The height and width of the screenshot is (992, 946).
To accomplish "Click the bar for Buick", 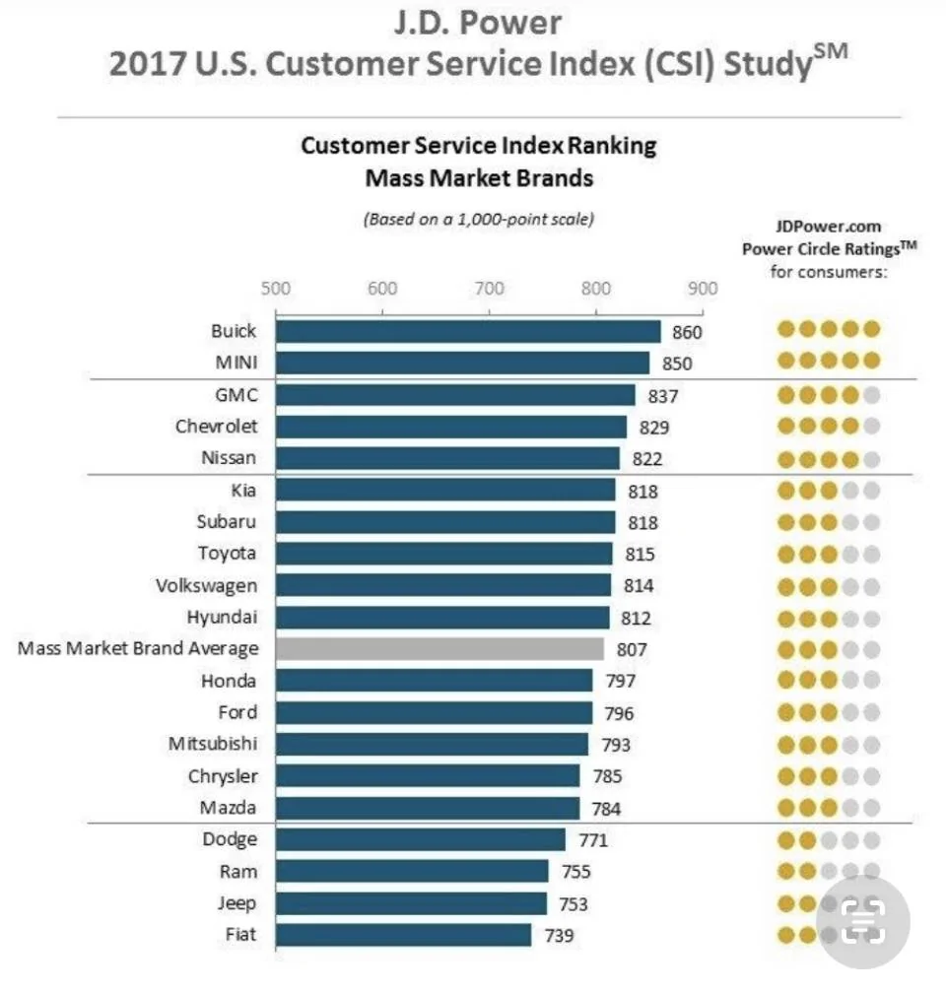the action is (468, 332).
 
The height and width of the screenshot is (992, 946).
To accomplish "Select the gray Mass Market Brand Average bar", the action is (439, 649).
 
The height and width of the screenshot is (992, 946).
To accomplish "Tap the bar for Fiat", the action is (404, 935).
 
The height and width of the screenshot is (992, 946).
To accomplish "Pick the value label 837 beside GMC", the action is (662, 397).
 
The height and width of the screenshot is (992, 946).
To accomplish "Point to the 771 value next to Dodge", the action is (593, 840).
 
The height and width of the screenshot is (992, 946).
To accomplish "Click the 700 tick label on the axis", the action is (489, 289).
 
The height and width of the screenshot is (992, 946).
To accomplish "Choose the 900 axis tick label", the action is (703, 289).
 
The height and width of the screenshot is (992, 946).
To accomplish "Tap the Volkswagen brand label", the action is (206, 586).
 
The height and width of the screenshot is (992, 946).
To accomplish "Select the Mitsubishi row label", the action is (213, 744).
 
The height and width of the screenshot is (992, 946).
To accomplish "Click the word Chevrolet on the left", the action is (217, 427).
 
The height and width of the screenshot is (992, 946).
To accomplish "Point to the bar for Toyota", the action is (444, 554).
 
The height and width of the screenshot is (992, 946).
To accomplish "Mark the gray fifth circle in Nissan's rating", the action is (871, 459).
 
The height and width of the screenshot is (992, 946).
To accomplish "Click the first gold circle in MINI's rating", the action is (786, 361).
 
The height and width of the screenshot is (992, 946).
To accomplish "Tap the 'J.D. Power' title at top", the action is (478, 23).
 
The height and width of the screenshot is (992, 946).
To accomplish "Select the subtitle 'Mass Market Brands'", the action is (479, 178).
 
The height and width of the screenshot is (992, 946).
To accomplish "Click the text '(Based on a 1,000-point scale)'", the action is (479, 220).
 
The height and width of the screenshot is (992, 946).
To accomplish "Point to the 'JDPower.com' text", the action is (829, 227).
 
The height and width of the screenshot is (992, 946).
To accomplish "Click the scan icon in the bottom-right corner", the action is (862, 920).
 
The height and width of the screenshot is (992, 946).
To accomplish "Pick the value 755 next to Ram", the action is (575, 872).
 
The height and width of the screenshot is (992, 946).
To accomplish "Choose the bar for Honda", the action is (435, 681).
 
